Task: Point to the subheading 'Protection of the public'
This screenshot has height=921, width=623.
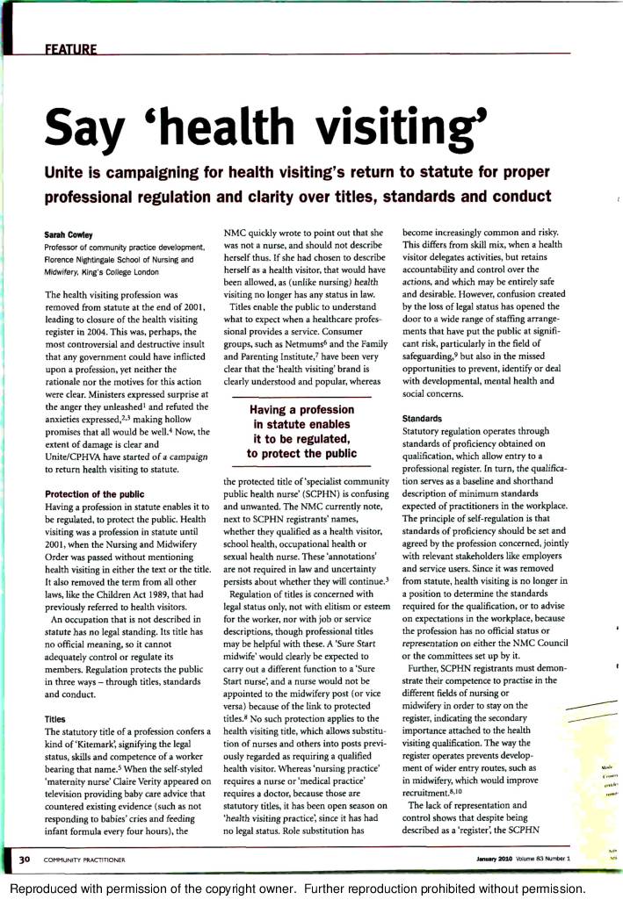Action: coord(94,494)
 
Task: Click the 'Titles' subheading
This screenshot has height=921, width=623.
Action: coord(58,718)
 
